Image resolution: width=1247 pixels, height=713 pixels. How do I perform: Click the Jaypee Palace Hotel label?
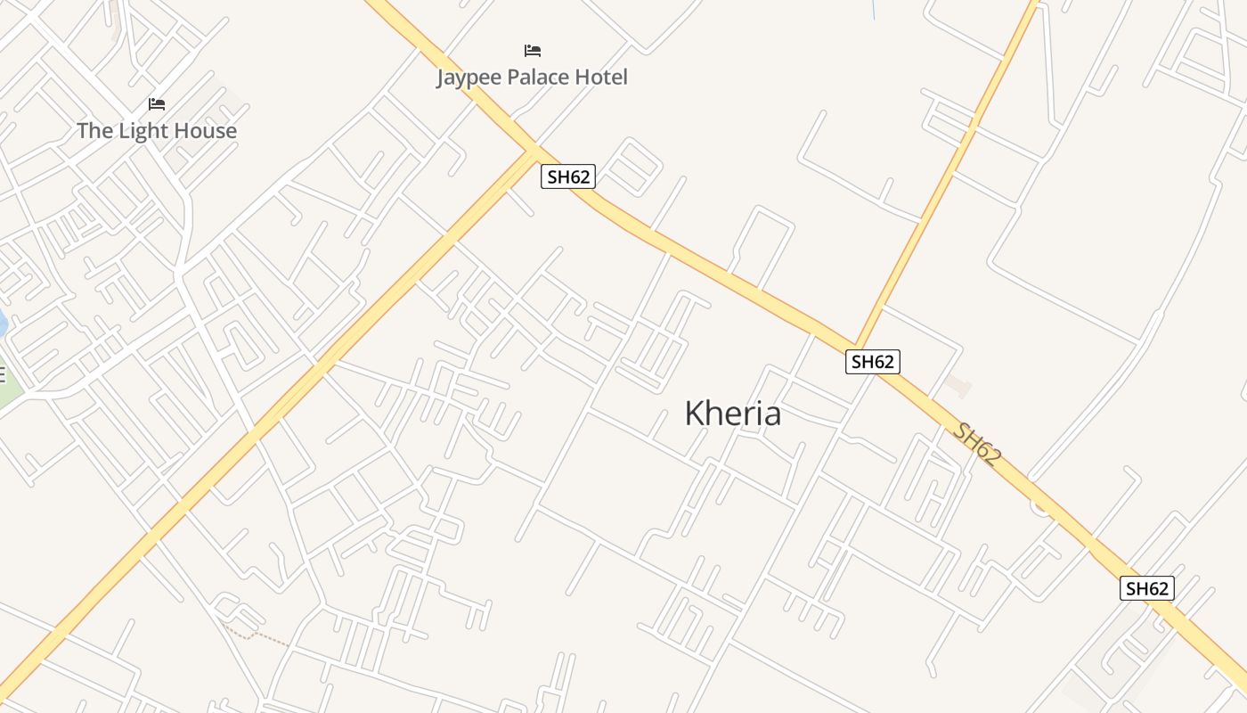(532, 78)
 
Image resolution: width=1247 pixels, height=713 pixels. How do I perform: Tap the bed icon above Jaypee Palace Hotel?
(533, 51)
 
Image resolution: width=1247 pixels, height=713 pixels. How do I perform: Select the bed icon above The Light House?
(157, 104)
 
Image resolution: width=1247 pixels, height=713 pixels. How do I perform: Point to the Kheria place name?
(732, 413)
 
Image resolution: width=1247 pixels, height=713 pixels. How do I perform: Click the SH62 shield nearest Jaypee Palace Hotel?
(568, 176)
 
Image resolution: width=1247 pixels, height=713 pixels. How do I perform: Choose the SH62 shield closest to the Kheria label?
(872, 361)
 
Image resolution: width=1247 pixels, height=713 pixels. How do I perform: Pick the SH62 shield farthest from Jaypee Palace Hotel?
(1146, 588)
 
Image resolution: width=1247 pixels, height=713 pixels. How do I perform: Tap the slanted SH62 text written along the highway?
(977, 444)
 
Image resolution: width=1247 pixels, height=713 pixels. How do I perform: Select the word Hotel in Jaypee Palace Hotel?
(601, 78)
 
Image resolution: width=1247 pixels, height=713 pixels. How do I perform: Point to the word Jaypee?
(469, 78)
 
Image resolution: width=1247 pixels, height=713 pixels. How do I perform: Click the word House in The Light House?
(205, 131)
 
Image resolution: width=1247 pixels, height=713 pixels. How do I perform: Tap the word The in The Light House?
(94, 131)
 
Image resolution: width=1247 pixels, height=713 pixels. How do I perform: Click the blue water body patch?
(3, 323)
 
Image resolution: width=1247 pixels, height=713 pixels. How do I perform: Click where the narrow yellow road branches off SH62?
(855, 346)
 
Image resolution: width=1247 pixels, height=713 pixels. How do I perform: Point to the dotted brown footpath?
(258, 635)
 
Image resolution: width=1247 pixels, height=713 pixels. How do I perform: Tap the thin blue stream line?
(873, 9)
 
